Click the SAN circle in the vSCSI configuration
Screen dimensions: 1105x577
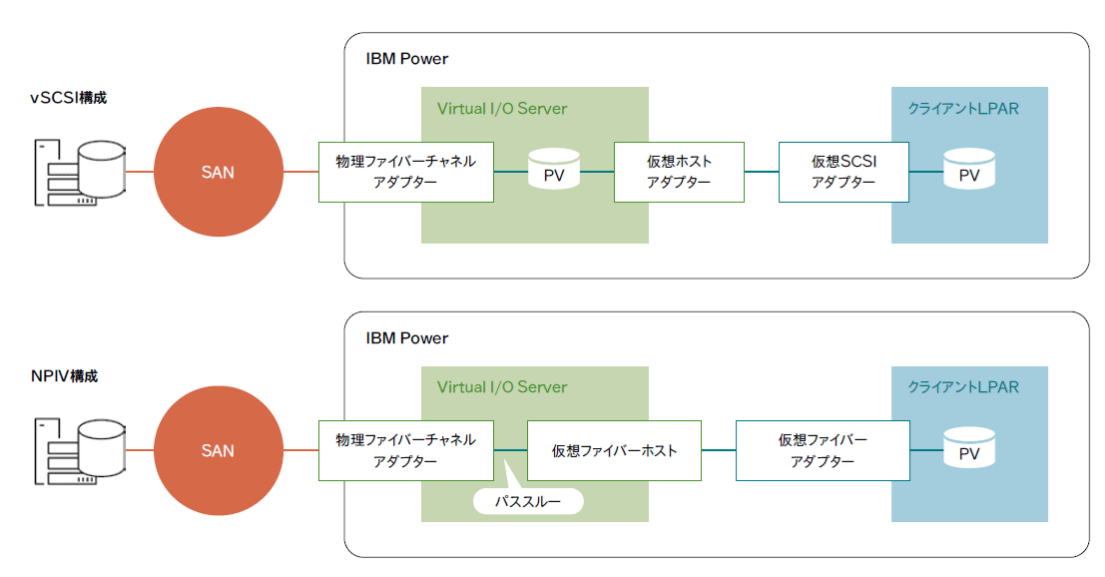(219, 172)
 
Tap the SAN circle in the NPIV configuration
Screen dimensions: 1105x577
(219, 451)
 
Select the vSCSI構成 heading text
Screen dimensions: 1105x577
(68, 98)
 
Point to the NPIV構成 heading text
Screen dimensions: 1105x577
(64, 376)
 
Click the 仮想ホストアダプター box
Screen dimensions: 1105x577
(680, 172)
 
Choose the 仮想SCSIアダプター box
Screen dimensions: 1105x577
(843, 172)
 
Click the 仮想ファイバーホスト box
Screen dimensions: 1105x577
(615, 451)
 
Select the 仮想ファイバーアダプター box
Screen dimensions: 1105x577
(824, 451)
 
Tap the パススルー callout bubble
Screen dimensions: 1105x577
(528, 501)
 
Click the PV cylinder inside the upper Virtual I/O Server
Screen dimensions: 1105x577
(554, 169)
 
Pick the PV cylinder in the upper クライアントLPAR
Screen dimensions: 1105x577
(969, 169)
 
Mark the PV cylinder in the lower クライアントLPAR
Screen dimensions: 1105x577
(969, 448)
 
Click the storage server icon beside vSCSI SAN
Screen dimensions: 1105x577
(80, 173)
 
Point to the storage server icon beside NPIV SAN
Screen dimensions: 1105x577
(80, 451)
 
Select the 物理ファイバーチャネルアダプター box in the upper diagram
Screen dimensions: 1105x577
(406, 172)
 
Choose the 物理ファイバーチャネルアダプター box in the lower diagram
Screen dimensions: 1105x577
(406, 451)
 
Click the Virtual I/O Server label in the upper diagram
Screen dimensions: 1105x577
(502, 109)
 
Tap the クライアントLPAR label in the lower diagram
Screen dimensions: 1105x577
(963, 386)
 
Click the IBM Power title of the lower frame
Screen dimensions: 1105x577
(406, 338)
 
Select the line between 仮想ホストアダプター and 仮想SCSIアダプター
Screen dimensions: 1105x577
(762, 171)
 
